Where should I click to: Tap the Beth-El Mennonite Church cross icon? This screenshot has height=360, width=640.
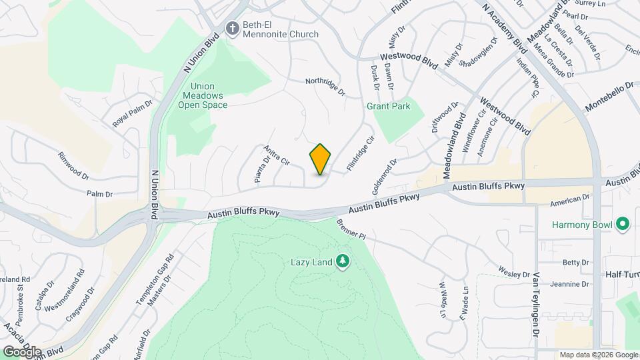point(232,28)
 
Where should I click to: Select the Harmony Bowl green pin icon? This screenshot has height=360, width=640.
point(623,225)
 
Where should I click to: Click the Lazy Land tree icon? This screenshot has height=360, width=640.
point(343,261)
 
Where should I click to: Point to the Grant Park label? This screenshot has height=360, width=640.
point(389,106)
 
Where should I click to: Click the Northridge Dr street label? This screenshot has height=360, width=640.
point(325,85)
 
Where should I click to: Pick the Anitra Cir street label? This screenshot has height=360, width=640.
point(277,156)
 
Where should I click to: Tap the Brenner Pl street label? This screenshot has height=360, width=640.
point(351,230)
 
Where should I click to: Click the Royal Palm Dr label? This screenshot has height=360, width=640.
point(133,114)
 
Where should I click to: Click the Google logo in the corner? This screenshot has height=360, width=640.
point(21,351)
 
